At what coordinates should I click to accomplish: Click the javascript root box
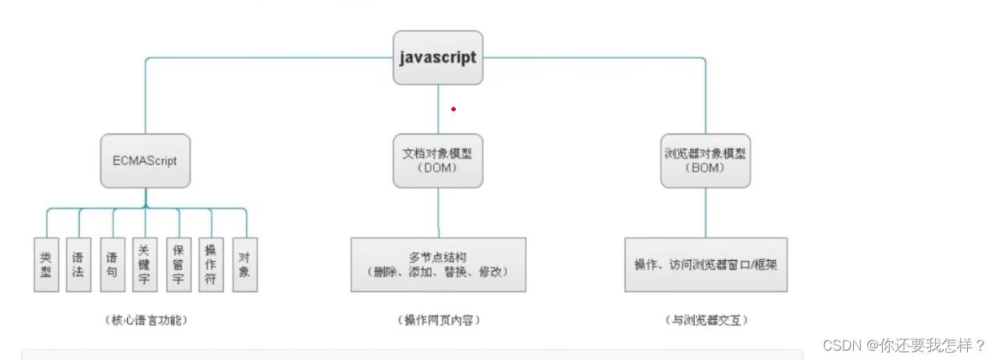[x=437, y=58]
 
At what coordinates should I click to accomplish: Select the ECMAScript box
[x=145, y=161]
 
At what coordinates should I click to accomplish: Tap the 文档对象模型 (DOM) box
[x=437, y=161]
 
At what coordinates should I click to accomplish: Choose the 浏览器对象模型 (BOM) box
[x=705, y=161]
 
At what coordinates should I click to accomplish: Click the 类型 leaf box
[x=46, y=264]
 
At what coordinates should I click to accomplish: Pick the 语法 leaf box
[x=78, y=264]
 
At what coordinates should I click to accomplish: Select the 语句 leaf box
[x=112, y=264]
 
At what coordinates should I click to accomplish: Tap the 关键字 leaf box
[x=145, y=264]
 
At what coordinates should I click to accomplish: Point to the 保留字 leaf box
[x=179, y=264]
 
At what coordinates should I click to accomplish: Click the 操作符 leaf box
[x=211, y=264]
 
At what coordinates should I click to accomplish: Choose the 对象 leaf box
[x=245, y=264]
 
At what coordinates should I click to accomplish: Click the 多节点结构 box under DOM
[x=437, y=265]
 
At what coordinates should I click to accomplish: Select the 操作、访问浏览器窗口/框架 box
[x=706, y=265]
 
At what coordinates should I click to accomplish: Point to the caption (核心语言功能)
[x=145, y=320]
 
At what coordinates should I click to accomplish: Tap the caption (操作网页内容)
[x=437, y=320]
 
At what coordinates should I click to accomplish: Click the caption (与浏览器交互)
[x=706, y=320]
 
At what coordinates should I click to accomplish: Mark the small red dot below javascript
[x=453, y=109]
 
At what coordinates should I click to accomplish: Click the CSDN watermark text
[x=903, y=345]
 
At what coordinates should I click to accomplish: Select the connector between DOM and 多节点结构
[x=438, y=212]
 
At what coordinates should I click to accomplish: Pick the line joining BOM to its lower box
[x=706, y=212]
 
